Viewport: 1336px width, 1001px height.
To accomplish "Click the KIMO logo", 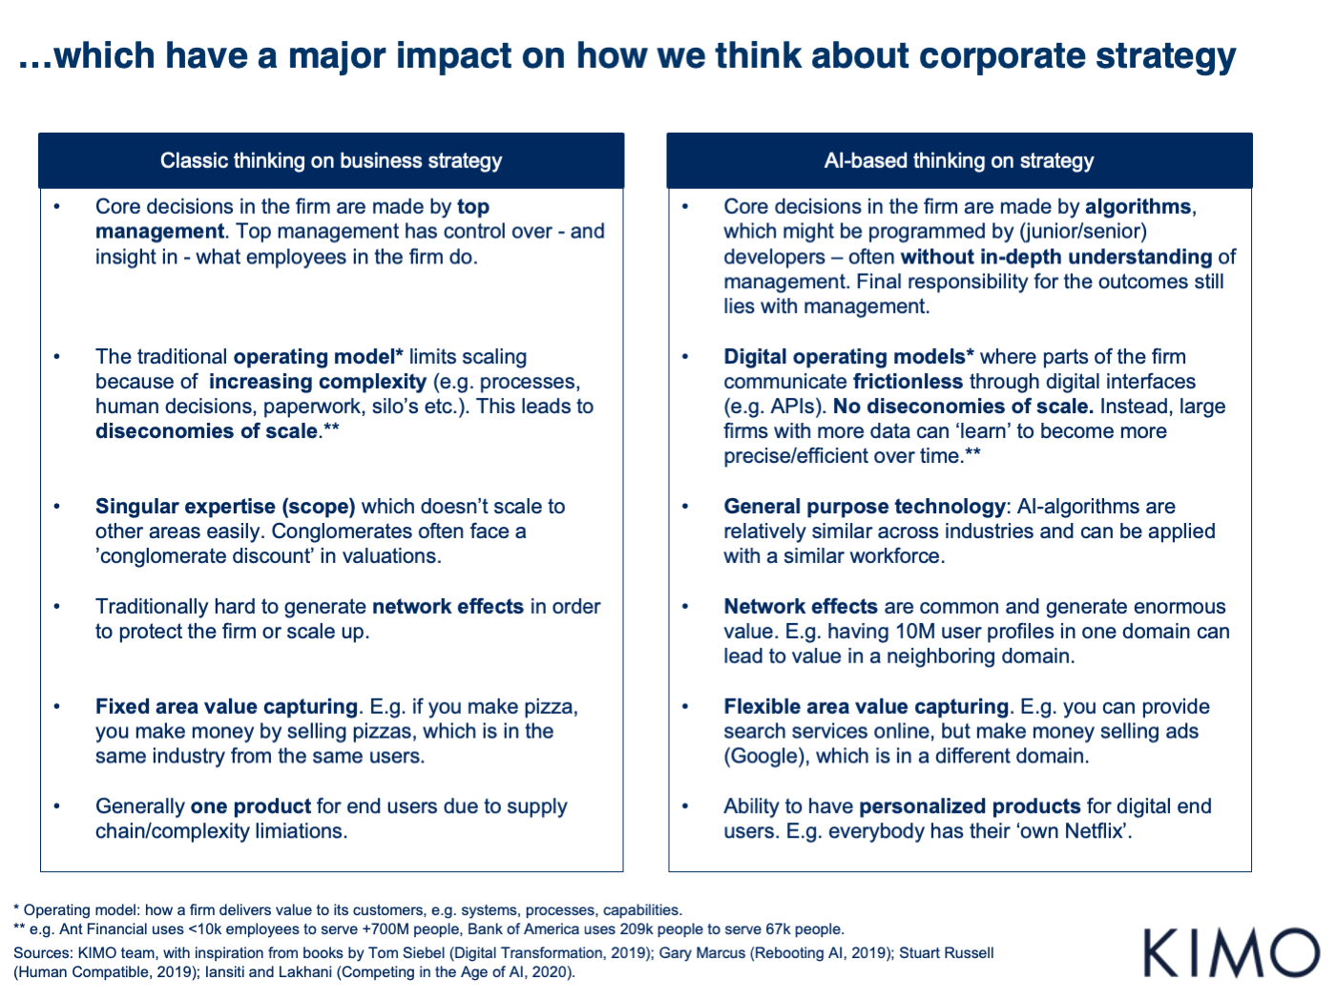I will pos(1231,952).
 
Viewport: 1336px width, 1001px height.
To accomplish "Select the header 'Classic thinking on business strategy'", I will pos(331,160).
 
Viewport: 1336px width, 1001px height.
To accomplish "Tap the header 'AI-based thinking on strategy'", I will pos(959,160).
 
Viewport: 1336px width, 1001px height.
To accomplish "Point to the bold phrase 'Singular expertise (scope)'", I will pos(225,507).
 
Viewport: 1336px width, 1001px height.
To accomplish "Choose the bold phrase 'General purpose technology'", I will pos(865,507).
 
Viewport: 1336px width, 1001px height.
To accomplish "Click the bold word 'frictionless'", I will pos(908,382).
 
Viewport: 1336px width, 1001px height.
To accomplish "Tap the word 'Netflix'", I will pos(1095,831).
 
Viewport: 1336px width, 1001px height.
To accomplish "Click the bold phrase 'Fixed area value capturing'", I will pos(226,707).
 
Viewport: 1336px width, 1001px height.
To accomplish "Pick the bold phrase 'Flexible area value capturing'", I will pos(866,707).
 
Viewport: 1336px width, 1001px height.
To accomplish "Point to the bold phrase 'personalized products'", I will pos(970,806).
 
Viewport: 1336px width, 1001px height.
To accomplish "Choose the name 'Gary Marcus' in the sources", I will pos(699,953).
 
